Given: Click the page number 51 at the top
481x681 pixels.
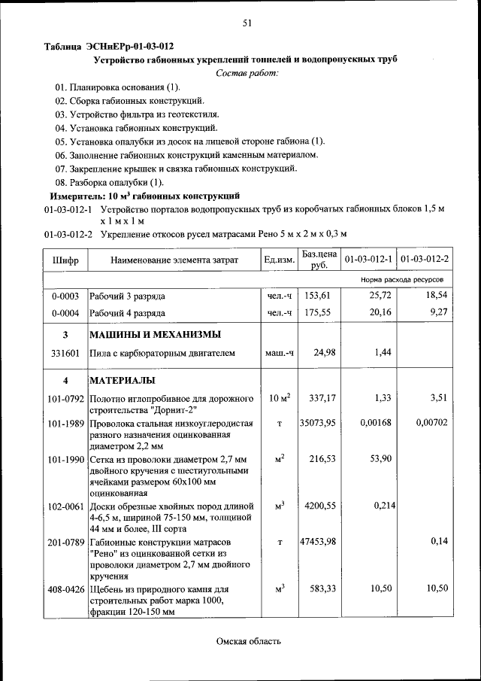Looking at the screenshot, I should [247, 23].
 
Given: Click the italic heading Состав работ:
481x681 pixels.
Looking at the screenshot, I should [247, 73].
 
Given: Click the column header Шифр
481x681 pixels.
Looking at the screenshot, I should [65, 260].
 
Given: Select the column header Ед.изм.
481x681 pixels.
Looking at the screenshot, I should [279, 260].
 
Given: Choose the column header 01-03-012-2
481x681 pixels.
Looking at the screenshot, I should [425, 260].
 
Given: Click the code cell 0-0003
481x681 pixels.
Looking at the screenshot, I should [65, 296].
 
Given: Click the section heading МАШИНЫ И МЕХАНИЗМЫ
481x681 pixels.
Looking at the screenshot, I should [155, 334].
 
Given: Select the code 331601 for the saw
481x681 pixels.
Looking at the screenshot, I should [65, 352].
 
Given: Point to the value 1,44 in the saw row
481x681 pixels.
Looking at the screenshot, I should [385, 352].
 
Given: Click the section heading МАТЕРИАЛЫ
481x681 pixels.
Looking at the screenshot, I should [123, 379].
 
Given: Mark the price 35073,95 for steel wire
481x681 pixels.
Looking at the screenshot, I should [317, 423].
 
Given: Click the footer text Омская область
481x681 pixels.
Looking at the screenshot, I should [249, 641].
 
